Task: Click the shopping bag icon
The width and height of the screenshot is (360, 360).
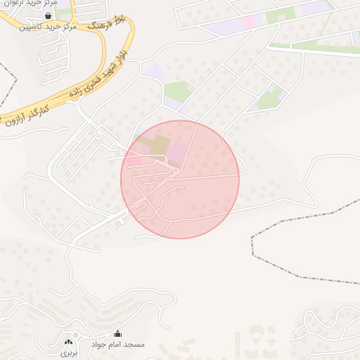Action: point(48,15)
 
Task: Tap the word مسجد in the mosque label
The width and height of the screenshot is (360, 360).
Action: point(134,345)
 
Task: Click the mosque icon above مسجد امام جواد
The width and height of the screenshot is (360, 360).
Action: point(117,334)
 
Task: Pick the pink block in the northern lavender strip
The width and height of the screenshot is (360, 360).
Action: point(249,22)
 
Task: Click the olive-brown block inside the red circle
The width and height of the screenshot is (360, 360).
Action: point(159,145)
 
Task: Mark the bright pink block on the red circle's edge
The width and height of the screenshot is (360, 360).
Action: point(133,162)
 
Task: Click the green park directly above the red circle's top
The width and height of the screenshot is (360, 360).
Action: point(176,91)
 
